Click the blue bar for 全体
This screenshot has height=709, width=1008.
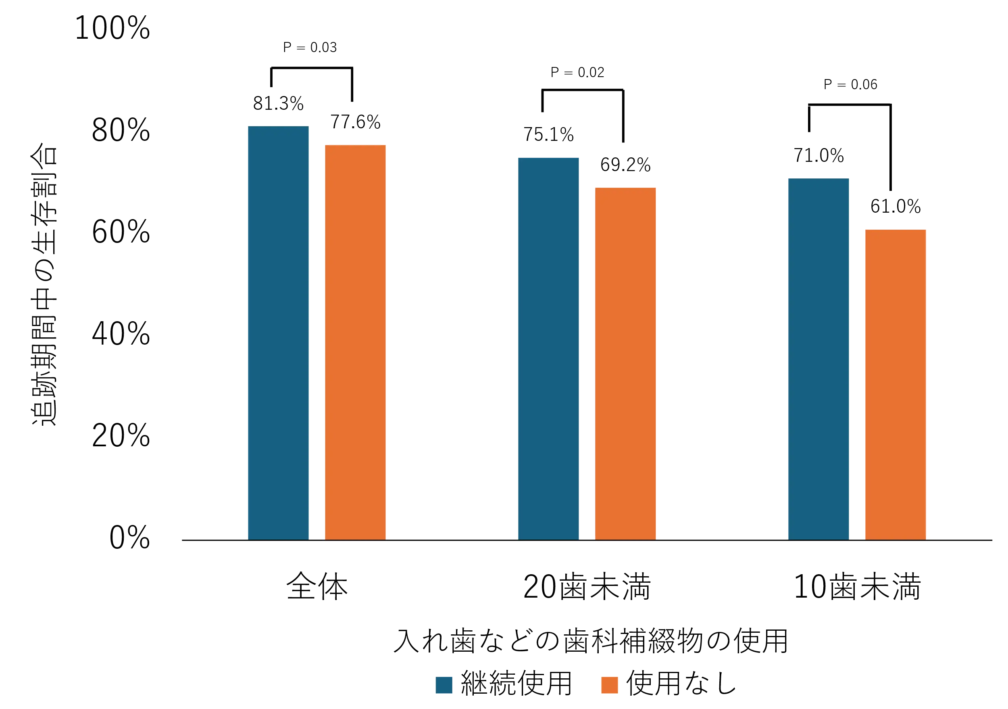pyautogui.click(x=278, y=333)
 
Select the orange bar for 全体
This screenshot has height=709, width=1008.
pyautogui.click(x=355, y=341)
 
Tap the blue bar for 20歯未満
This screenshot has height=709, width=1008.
pyautogui.click(x=548, y=347)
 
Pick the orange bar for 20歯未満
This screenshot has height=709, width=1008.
pyautogui.click(x=625, y=363)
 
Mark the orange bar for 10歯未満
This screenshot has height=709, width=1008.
pyautogui.click(x=896, y=385)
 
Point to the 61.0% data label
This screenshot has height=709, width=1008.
pyautogui.click(x=896, y=206)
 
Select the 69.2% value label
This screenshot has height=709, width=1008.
pyautogui.click(x=625, y=165)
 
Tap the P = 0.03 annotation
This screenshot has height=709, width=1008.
pyautogui.click(x=311, y=48)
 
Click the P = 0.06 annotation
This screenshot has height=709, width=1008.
pyautogui.click(x=850, y=84)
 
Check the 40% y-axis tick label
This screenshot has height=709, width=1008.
pyautogui.click(x=121, y=334)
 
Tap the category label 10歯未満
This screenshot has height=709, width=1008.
pyautogui.click(x=856, y=587)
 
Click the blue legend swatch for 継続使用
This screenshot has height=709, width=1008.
pyautogui.click(x=444, y=684)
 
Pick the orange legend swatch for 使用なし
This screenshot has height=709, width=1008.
pyautogui.click(x=609, y=684)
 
